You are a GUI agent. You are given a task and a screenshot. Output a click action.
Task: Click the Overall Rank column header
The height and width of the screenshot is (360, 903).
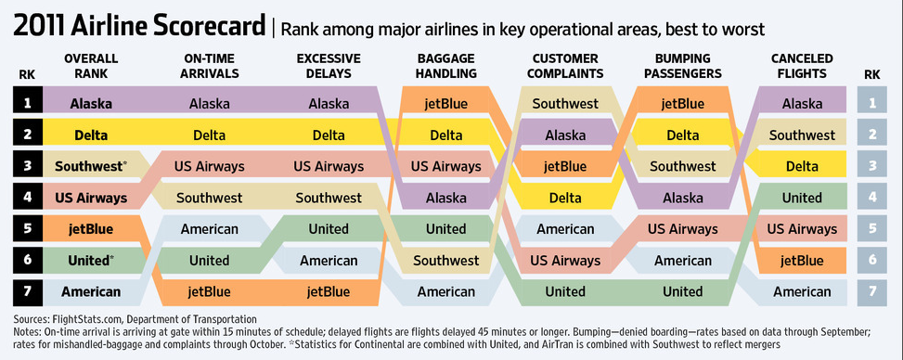[91, 66]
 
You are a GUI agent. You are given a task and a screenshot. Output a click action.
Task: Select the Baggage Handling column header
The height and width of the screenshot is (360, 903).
[446, 66]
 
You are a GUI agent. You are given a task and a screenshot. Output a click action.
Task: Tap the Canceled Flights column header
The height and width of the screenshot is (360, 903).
[802, 66]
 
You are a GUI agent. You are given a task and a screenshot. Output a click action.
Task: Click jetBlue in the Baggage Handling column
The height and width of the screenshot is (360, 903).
[446, 104]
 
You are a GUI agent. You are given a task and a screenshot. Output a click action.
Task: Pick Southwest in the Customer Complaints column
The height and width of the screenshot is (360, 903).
[565, 104]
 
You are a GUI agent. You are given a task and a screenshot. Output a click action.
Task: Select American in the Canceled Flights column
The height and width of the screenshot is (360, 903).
[802, 292]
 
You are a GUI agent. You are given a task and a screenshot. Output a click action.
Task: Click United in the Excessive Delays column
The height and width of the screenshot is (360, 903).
[329, 229]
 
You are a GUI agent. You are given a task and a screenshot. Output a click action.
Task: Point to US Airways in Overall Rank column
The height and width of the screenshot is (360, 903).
[91, 199]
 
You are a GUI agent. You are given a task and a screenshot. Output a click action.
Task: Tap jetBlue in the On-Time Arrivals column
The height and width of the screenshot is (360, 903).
[210, 292]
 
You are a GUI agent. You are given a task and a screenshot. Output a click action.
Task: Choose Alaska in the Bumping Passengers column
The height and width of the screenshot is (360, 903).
[683, 199]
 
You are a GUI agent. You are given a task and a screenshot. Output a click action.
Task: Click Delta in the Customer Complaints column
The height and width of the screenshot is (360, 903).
[565, 199]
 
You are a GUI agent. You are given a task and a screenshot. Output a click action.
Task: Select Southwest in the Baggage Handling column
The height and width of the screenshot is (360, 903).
[446, 261]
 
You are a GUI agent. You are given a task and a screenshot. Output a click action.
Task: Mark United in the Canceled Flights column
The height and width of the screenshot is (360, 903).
[802, 199]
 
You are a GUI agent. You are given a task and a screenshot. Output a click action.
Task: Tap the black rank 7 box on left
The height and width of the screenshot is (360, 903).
[28, 292]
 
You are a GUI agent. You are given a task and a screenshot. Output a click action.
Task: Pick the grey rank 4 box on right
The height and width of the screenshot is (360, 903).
[871, 199]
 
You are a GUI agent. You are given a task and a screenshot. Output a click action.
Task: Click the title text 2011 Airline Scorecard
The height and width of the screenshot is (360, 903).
[139, 27]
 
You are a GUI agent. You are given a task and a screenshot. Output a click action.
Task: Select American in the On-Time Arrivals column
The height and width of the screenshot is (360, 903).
[210, 229]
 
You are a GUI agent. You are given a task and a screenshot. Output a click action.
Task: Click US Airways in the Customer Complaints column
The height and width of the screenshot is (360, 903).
[565, 261]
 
